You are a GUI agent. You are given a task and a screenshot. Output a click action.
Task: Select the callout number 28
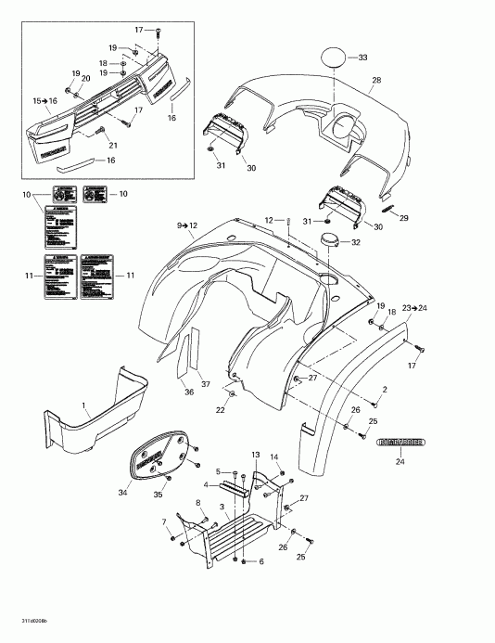click(x=376, y=81)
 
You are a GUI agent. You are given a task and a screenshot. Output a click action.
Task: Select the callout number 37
click(x=205, y=385)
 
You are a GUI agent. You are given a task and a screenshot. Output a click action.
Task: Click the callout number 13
click(x=256, y=454)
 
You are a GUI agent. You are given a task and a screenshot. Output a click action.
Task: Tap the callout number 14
click(x=275, y=457)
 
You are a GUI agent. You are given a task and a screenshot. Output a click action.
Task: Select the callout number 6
click(x=260, y=562)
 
